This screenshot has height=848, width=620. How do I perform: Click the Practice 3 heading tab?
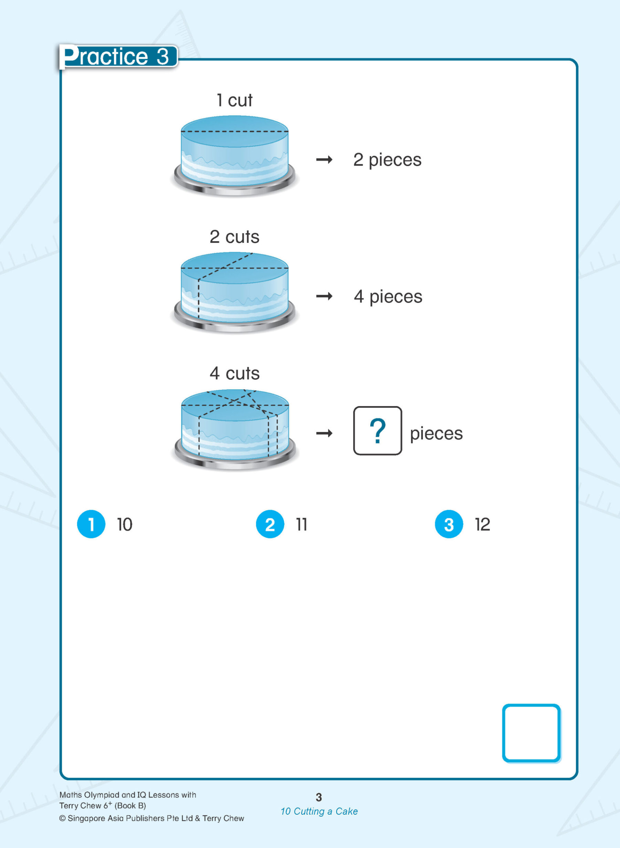pyautogui.click(x=117, y=56)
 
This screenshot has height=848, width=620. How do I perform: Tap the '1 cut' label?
pyautogui.click(x=234, y=100)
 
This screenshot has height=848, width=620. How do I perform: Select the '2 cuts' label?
pyautogui.click(x=234, y=237)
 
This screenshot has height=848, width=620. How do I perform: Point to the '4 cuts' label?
pyautogui.click(x=234, y=373)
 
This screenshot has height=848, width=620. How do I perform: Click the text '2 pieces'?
pyautogui.click(x=387, y=160)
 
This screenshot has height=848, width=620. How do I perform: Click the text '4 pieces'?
pyautogui.click(x=388, y=297)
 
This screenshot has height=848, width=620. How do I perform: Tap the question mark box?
pyautogui.click(x=377, y=431)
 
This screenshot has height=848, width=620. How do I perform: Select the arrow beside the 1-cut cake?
pyautogui.click(x=324, y=160)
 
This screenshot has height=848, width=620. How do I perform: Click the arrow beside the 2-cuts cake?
pyautogui.click(x=324, y=297)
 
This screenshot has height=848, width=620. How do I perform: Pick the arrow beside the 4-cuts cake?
pyautogui.click(x=324, y=433)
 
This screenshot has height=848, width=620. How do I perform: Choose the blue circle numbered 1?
pyautogui.click(x=91, y=524)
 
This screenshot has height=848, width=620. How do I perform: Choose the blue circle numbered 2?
pyautogui.click(x=270, y=524)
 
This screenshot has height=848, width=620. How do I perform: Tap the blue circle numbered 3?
pyautogui.click(x=448, y=524)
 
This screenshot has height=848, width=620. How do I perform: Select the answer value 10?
pyautogui.click(x=125, y=524)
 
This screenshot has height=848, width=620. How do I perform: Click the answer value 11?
pyautogui.click(x=301, y=524)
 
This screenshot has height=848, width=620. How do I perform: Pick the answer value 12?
pyautogui.click(x=482, y=524)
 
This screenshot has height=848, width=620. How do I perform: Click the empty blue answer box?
pyautogui.click(x=531, y=733)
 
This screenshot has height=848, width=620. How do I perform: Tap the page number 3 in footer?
pyautogui.click(x=319, y=797)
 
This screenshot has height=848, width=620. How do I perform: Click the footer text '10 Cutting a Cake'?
pyautogui.click(x=319, y=811)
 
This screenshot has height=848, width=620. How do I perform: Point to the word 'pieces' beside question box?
pyautogui.click(x=436, y=433)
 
